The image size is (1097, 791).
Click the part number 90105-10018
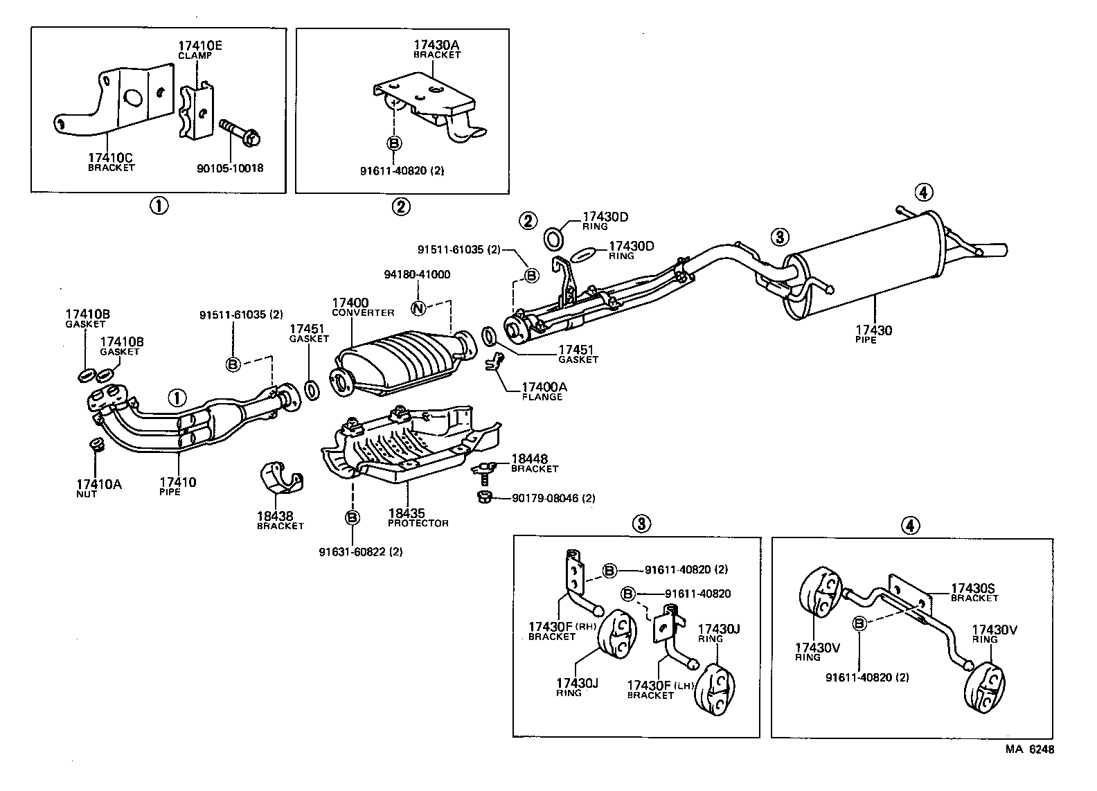click(x=230, y=168)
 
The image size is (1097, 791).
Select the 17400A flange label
click(x=543, y=391)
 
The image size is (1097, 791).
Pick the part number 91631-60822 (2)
click(x=360, y=552)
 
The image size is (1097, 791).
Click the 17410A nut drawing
click(x=97, y=445)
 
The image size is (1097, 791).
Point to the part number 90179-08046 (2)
click(x=553, y=498)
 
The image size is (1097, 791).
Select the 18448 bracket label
click(x=533, y=463)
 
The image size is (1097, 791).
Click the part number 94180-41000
click(x=416, y=274)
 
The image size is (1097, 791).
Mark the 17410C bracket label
click(x=111, y=161)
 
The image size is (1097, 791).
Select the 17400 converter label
click(x=362, y=307)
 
